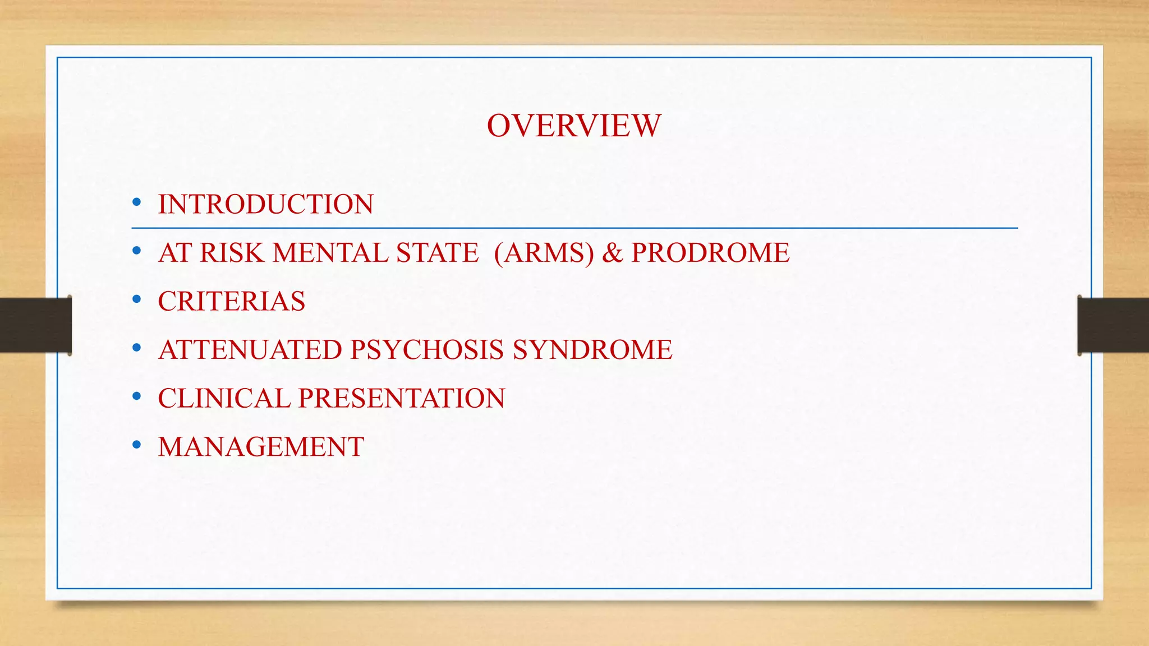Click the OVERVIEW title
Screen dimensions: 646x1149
coord(574,126)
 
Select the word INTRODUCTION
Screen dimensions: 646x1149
coord(265,204)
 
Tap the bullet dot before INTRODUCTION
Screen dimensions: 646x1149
coord(137,203)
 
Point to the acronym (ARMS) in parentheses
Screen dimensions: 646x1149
coord(544,253)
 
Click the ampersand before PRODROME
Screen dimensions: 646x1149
coord(613,253)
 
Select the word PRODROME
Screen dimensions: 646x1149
coord(710,253)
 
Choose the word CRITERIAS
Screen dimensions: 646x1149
coord(231,301)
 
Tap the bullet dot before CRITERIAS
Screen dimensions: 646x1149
coord(137,300)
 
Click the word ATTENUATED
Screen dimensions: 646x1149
coord(250,350)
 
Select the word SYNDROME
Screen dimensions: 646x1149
coord(592,350)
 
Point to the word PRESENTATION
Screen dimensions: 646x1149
coord(401,399)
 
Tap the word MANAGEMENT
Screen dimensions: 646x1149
coord(261,447)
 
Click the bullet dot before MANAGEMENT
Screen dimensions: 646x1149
coord(137,446)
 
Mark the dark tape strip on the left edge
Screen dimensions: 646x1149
coord(35,325)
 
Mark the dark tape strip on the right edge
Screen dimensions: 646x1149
coord(1113,325)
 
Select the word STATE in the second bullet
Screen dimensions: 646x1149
coord(437,253)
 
